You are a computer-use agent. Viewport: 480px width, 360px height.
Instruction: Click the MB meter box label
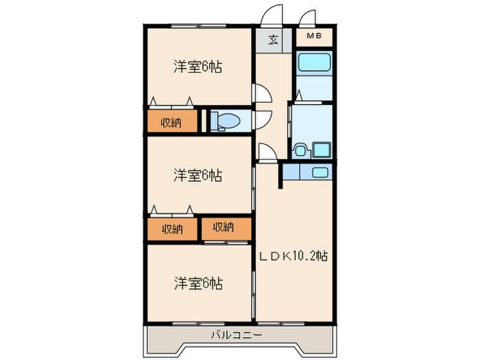tap(314, 36)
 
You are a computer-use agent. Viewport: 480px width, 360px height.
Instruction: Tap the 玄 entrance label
tap(273, 38)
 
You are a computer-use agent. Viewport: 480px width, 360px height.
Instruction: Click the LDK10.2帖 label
tap(293, 256)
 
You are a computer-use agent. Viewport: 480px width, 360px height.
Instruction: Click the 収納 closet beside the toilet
tap(171, 122)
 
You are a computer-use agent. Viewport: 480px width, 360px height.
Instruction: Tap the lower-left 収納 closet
tap(171, 228)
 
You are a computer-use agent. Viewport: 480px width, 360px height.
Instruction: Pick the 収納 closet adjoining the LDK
tap(223, 228)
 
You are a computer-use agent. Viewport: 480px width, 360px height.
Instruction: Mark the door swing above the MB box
tap(309, 16)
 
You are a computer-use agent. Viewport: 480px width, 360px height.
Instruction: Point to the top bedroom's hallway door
tap(262, 93)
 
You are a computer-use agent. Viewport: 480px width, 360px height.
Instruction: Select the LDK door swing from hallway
tap(267, 152)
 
